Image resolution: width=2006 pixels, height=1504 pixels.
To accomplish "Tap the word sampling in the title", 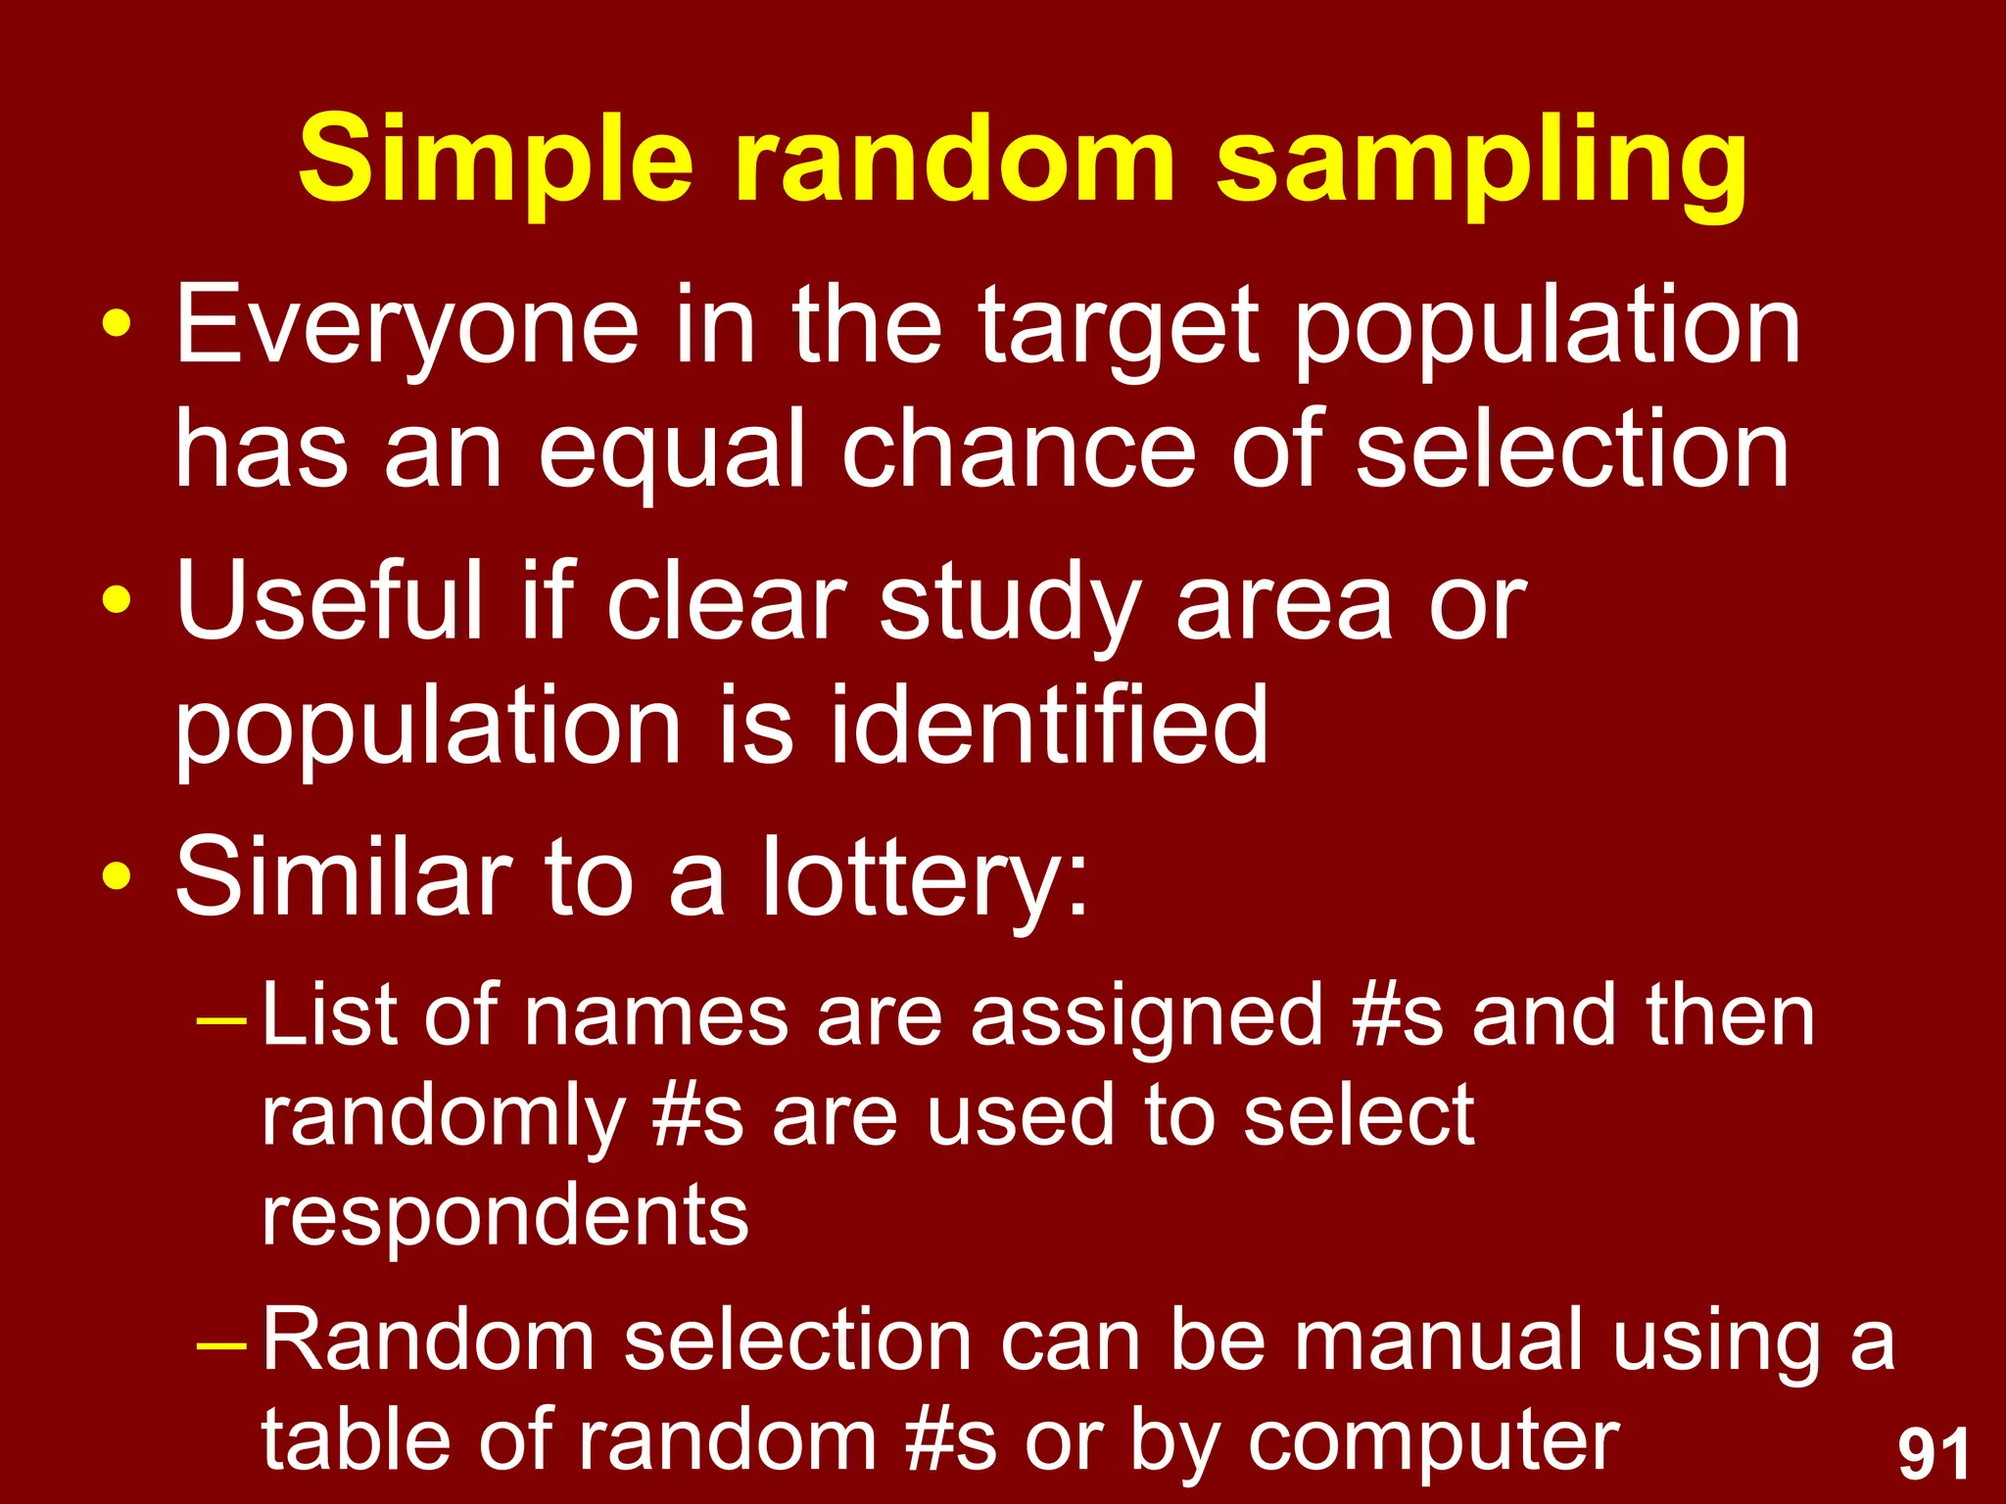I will point(1481,162).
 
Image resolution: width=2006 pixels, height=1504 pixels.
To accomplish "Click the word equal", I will point(672,450).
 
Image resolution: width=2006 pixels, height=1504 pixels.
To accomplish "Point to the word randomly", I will point(443,1118).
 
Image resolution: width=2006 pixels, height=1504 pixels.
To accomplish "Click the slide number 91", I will point(1934,1455).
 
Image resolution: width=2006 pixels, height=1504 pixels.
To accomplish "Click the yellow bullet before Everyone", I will point(116,324).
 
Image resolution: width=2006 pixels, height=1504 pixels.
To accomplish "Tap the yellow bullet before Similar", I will point(116,875).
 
